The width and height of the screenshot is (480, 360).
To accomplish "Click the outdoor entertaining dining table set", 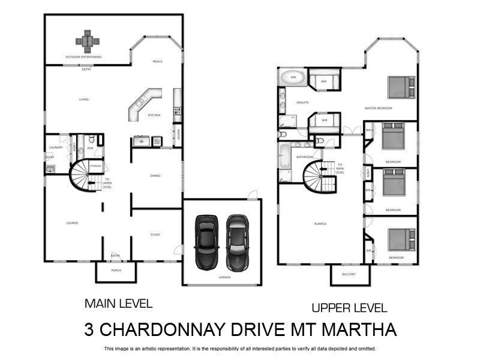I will [88, 41].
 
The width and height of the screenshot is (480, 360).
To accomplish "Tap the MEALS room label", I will [157, 61].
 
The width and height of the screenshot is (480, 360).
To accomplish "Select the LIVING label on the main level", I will [84, 100].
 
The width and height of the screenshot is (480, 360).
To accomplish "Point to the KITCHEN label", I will [154, 115].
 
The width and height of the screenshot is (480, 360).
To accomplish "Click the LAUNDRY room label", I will [56, 147].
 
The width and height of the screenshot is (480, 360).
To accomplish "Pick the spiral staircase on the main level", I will [81, 176].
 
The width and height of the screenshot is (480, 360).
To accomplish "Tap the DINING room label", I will [155, 176].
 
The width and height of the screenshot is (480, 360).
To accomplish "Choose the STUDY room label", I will [155, 235].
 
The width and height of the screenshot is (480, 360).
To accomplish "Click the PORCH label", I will [116, 270].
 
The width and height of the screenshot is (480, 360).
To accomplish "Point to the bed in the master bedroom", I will [401, 87].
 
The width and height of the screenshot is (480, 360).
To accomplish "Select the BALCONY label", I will [349, 274].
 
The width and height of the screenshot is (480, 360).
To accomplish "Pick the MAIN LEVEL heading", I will [118, 304].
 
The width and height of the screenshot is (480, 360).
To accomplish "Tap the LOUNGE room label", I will [72, 223].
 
